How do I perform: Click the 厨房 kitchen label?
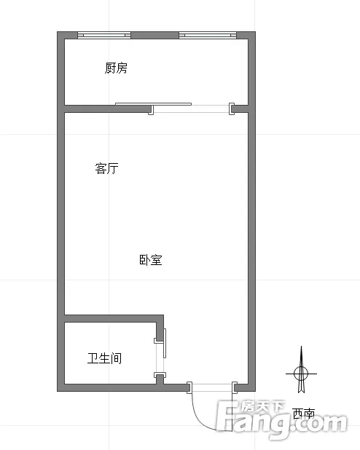116,68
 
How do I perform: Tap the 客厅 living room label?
106,168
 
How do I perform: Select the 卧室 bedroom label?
151,260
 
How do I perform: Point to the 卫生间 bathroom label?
104,358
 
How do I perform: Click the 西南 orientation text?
304,414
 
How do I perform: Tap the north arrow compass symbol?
301,370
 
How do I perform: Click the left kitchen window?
104,35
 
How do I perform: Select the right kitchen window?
208,35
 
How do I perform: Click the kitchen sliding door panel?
153,104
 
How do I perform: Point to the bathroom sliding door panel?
165,343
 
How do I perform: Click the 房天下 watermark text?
262,406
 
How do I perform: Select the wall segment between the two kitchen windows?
154,35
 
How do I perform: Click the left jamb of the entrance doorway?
189,387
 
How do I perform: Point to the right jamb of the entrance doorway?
235,387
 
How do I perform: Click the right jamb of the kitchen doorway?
232,108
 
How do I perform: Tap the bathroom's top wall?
114,318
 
